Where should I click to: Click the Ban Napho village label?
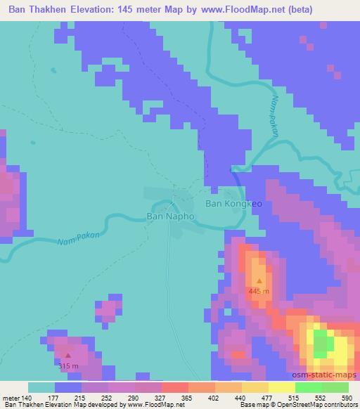170,217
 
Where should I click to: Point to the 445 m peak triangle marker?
259,280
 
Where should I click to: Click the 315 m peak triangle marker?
68,356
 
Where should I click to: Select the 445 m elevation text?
259,290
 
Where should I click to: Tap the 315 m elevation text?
67,365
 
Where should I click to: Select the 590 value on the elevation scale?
347,397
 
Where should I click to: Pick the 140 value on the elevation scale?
27,397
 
